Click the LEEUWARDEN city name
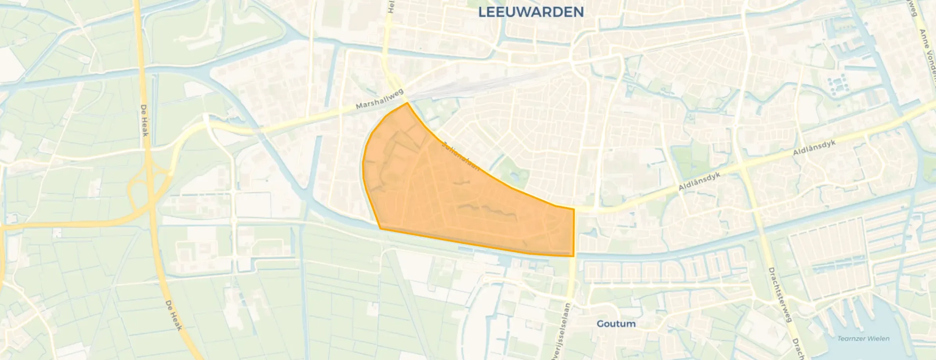pos(531,12)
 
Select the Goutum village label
pos(616,324)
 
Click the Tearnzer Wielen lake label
pos(863,338)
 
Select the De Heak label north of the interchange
pos(145,120)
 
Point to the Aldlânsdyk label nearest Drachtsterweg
pos(814,148)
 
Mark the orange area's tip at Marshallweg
pos(407,103)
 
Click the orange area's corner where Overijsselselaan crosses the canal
pos(574,256)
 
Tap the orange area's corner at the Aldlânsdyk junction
pos(574,209)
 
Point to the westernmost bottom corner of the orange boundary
pos(380,229)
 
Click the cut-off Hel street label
pos(391,7)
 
